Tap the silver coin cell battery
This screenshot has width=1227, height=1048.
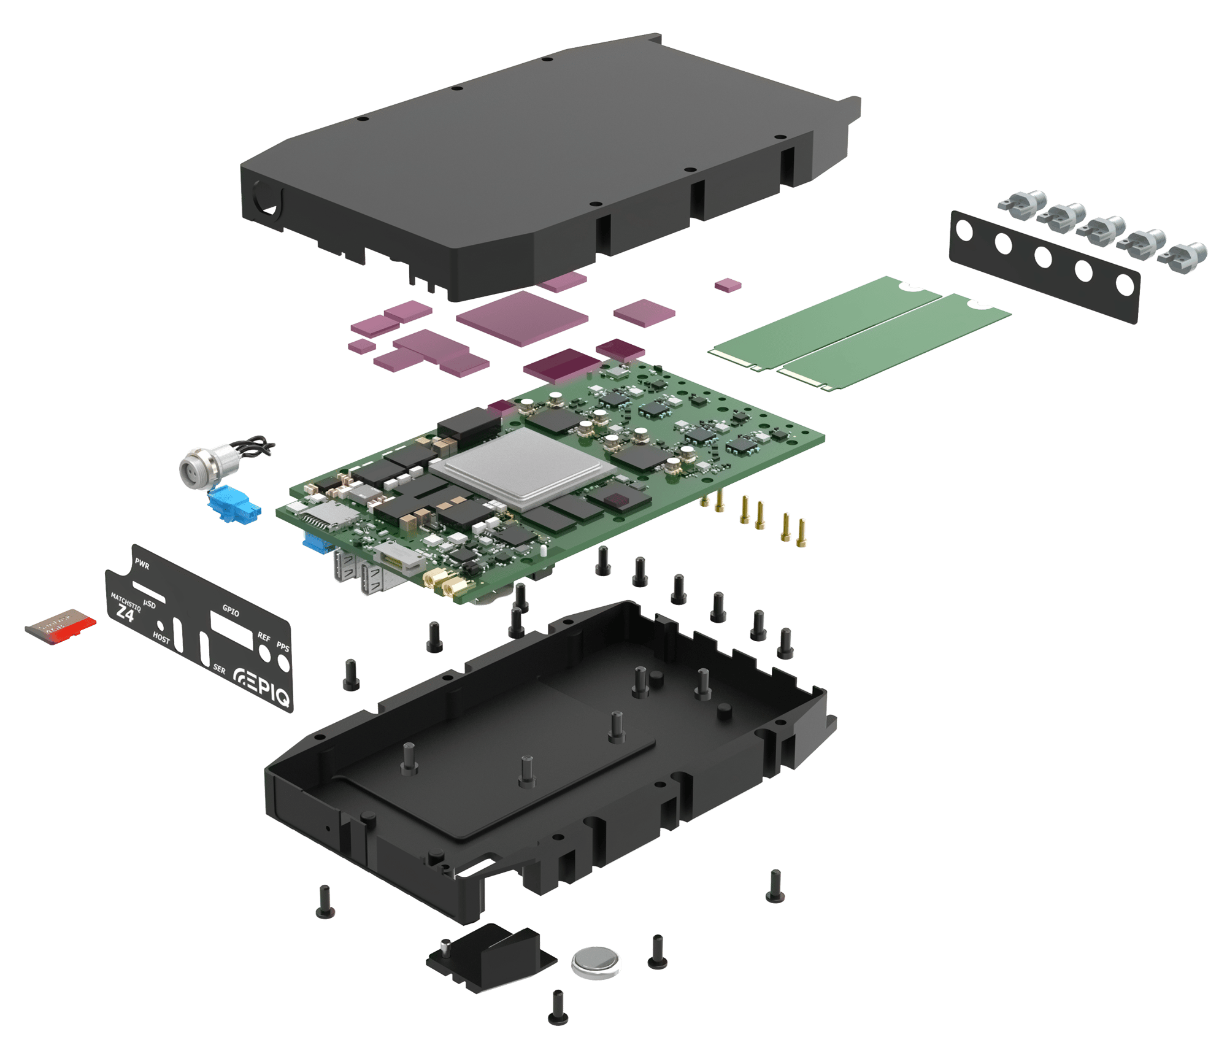tap(596, 961)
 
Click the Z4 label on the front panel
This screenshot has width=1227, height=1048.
tap(125, 612)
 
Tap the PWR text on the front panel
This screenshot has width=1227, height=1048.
tap(142, 564)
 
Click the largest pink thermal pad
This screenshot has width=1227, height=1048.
tap(523, 317)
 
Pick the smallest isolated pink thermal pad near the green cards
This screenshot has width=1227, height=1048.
tap(728, 285)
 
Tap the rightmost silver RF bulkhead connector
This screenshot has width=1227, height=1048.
tap(1187, 256)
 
